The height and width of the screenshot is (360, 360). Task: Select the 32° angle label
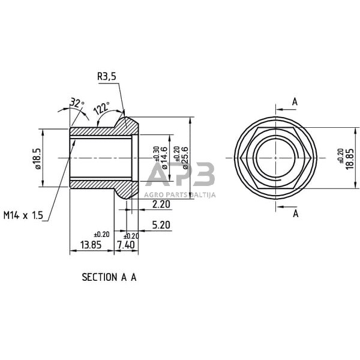[x=77, y=103]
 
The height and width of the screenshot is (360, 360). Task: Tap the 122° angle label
[x=100, y=108]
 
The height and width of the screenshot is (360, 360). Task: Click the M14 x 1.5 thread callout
[x=23, y=215]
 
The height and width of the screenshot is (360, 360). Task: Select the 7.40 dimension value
[x=127, y=245]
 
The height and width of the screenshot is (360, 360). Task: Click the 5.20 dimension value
[x=160, y=225]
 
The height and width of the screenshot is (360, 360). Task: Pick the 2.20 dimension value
[x=160, y=205]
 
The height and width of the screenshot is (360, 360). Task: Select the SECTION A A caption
[x=109, y=278]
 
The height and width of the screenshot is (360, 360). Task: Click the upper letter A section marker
[x=294, y=102]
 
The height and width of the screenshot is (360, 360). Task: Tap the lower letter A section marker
[x=294, y=213]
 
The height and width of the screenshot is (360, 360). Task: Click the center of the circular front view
[x=275, y=157]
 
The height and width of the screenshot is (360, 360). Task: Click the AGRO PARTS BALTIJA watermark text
[x=180, y=194]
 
